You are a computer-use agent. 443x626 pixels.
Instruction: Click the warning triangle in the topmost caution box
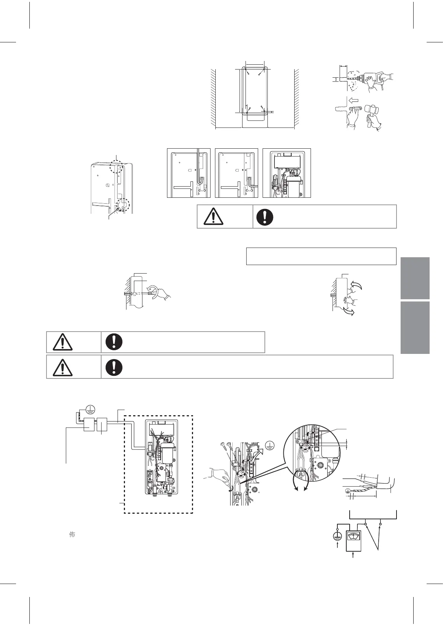211,217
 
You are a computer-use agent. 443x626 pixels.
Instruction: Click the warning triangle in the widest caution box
63,367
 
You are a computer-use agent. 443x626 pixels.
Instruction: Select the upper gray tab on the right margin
415,278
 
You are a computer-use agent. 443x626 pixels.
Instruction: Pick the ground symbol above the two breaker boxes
91,409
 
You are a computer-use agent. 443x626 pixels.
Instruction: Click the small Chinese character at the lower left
72,535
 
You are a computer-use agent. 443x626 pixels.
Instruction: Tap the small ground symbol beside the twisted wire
348,490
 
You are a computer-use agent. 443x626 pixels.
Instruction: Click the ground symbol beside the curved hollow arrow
270,445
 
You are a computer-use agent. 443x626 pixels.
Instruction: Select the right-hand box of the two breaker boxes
102,425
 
